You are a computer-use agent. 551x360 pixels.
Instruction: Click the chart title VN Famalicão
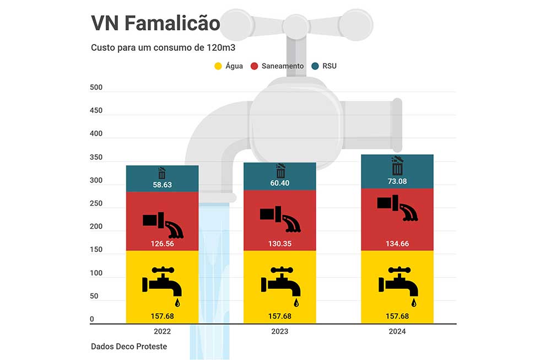pos(155,24)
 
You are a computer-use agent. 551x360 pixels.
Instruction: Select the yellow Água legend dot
pos(218,66)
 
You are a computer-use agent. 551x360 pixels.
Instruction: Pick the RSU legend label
pos(329,66)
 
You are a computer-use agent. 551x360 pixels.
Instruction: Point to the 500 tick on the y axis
pos(96,88)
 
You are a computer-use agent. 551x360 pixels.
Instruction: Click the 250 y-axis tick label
pos(96,203)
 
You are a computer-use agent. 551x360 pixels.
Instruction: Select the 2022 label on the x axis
pos(162,331)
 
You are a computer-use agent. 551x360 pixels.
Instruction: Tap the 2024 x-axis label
pos(397,331)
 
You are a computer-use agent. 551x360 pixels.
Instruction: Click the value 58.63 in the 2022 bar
pos(162,185)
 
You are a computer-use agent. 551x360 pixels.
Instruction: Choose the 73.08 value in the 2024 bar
pos(397,181)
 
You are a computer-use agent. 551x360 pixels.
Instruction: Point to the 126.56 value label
pos(162,243)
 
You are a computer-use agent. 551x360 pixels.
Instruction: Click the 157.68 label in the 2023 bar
pos(280,316)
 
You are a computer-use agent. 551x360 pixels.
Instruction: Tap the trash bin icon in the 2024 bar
pos(397,165)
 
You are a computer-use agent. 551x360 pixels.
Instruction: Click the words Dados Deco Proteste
pos(129,347)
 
